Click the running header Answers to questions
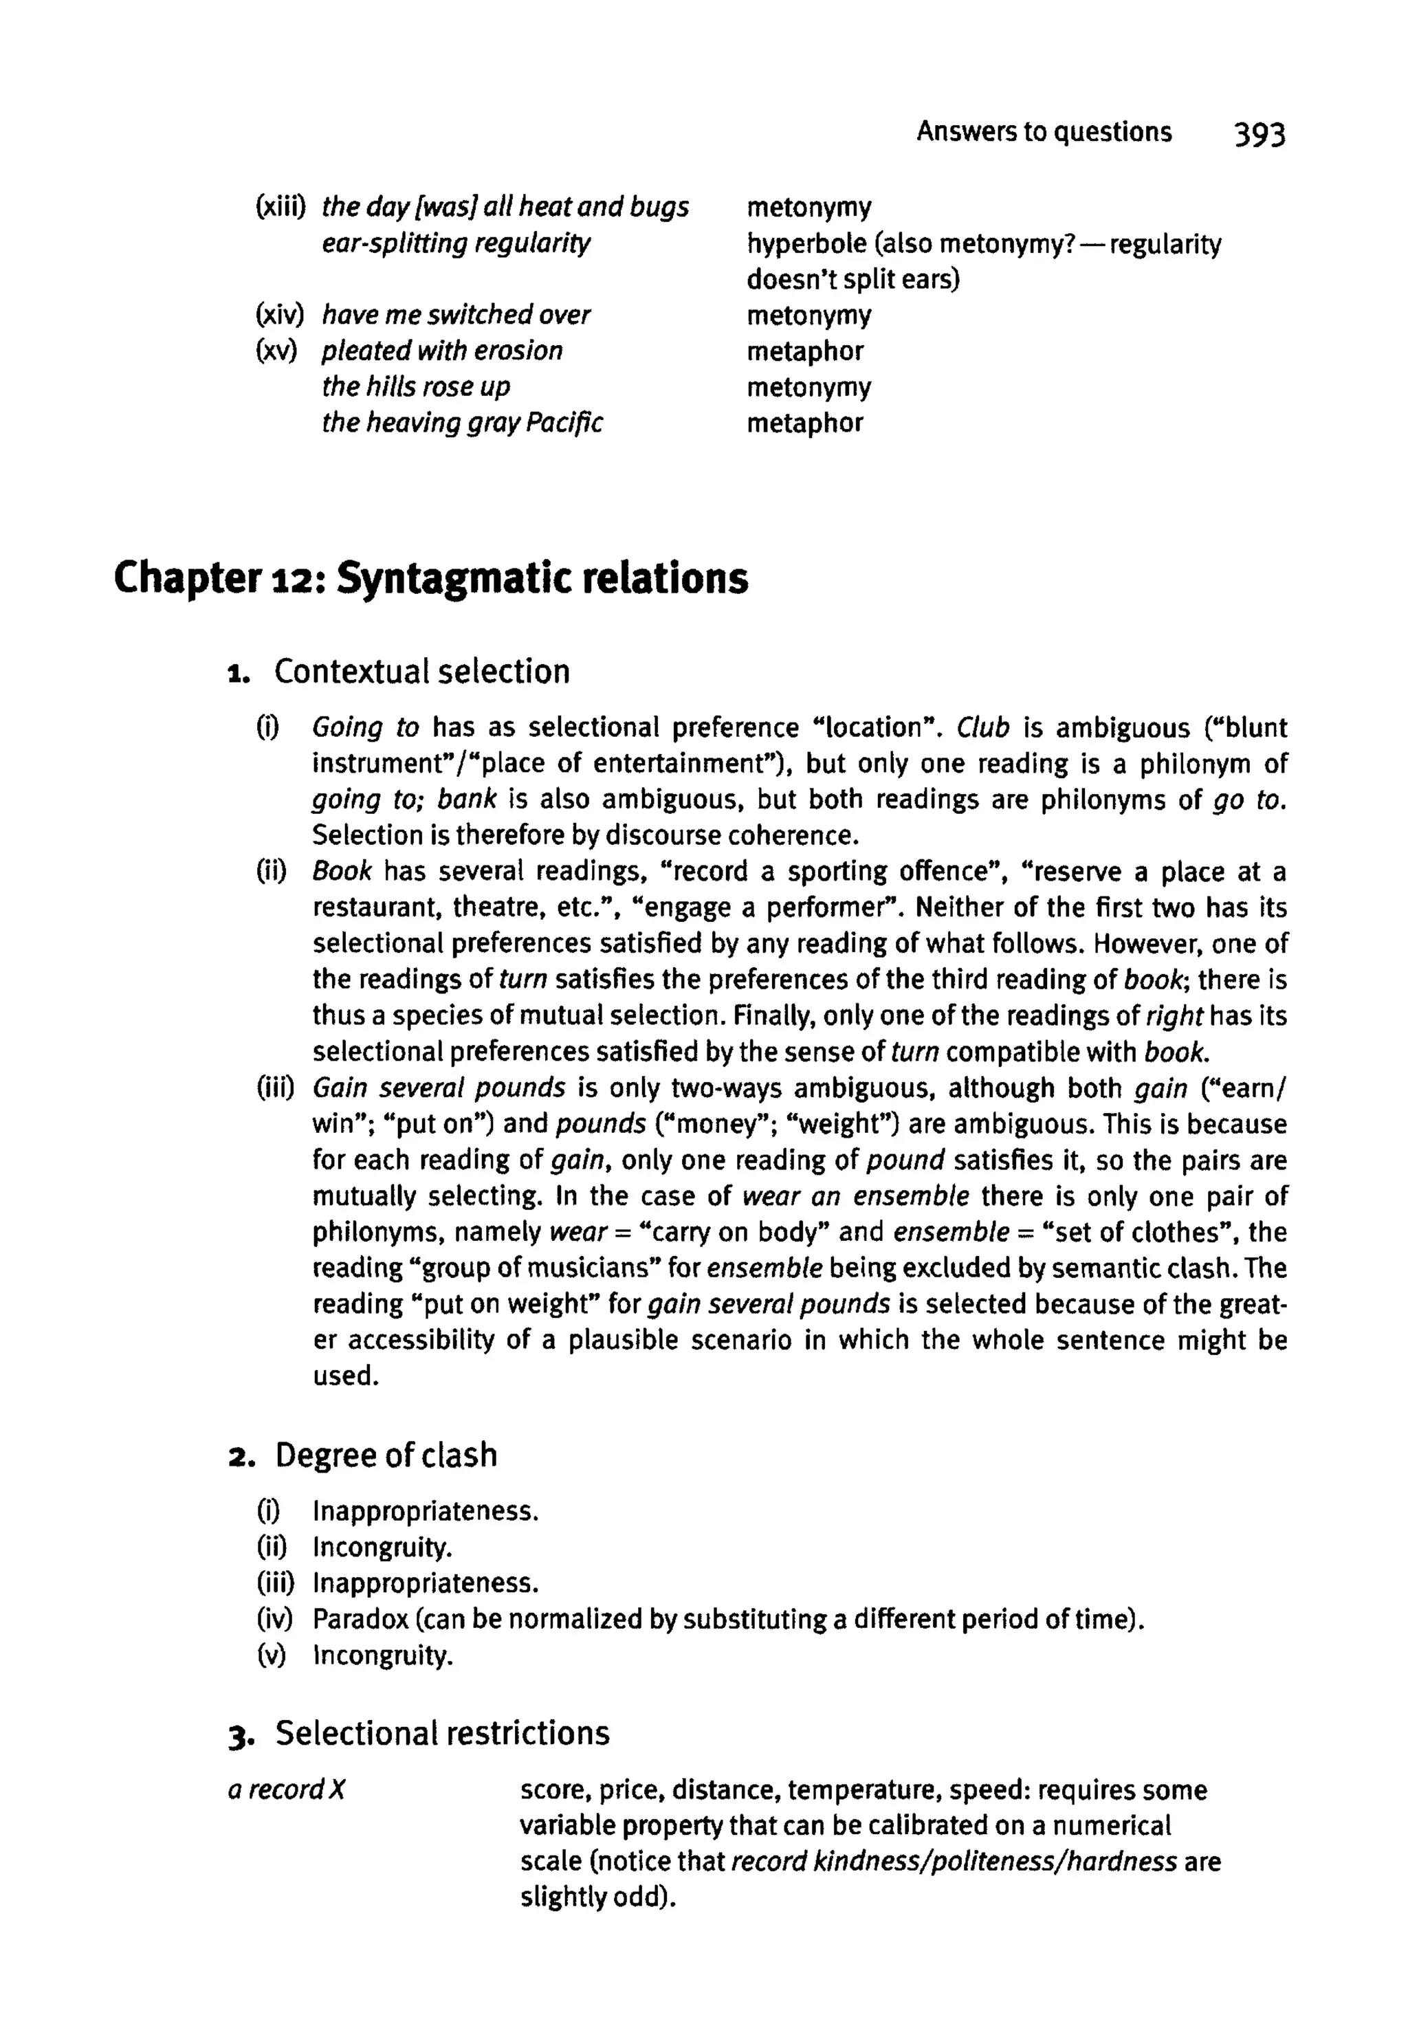[1044, 131]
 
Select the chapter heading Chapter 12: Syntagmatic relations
[430, 579]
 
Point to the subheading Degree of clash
[386, 1455]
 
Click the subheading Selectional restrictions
[442, 1732]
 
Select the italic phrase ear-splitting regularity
[456, 243]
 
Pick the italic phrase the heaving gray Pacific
[461, 423]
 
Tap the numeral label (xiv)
[278, 315]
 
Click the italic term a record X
[286, 1790]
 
